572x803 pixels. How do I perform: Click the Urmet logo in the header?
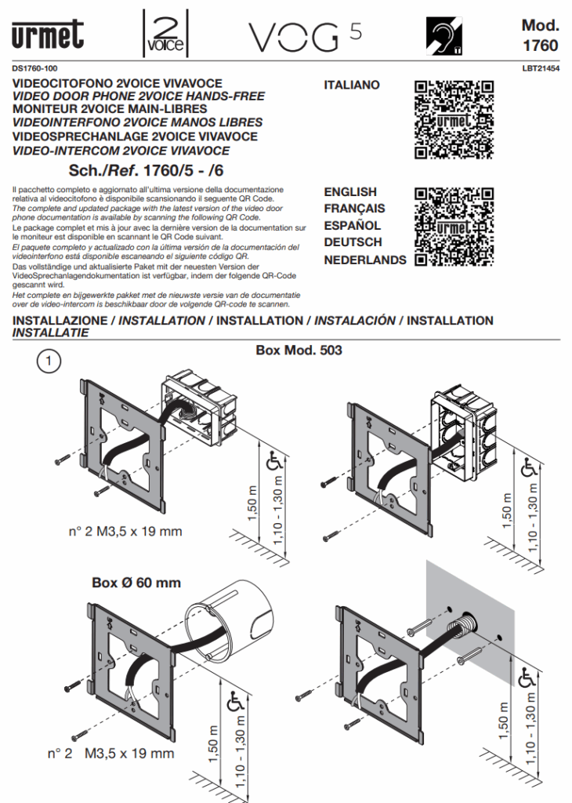click(47, 36)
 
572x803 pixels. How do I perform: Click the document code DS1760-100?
click(35, 69)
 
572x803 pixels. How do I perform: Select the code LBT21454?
click(540, 69)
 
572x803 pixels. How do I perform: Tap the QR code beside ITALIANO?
click(454, 119)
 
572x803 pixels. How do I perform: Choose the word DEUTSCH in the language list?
click(353, 242)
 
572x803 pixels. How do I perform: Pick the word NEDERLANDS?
click(365, 260)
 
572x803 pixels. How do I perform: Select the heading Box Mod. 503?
click(299, 351)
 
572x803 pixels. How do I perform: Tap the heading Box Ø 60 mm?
click(136, 583)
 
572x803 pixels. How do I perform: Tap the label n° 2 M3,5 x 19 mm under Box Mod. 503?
click(125, 531)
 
